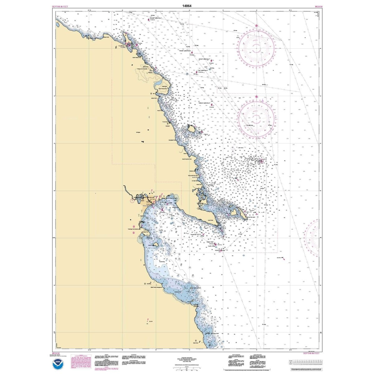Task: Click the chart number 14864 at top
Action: click(x=187, y=6)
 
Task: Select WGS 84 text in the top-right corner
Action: click(x=315, y=6)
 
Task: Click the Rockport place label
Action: click(x=168, y=126)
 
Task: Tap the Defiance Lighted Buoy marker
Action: click(x=212, y=106)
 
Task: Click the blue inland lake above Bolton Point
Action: click(x=158, y=84)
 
